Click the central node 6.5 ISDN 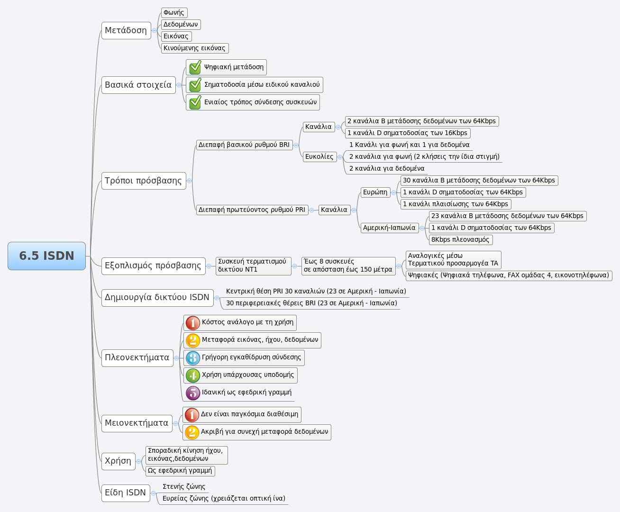[x=46, y=256]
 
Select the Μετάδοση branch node [x=126, y=30]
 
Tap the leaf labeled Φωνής [x=174, y=13]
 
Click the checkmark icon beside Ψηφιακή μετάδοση [x=195, y=67]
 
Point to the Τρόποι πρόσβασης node [x=143, y=181]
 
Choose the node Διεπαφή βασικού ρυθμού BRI [x=244, y=145]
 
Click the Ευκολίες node [x=319, y=156]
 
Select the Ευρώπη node [x=375, y=192]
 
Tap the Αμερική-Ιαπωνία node [x=389, y=228]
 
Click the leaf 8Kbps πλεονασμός [x=460, y=239]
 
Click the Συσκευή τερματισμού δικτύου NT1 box [x=252, y=265]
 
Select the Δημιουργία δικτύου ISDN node [x=157, y=297]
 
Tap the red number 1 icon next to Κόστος [x=192, y=323]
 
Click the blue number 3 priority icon [x=192, y=358]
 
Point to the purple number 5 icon [x=192, y=393]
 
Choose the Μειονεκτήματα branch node [x=137, y=423]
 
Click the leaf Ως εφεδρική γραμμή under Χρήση [x=180, y=471]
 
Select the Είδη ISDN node [x=125, y=493]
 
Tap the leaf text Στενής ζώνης [x=184, y=486]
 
